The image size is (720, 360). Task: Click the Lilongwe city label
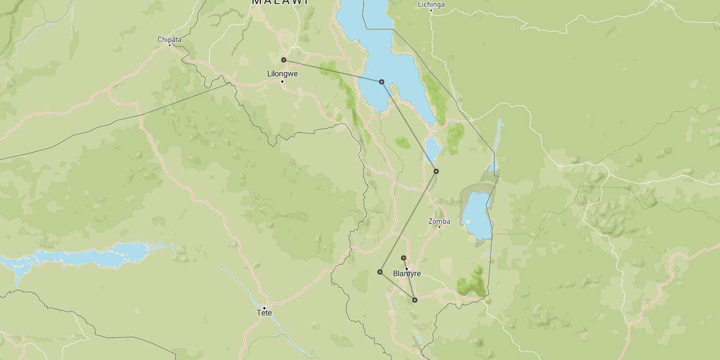click(282, 74)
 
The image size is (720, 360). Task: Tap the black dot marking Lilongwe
click(282, 82)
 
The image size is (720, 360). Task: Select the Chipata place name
click(169, 39)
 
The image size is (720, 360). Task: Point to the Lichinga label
click(431, 4)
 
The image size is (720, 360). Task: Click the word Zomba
click(439, 221)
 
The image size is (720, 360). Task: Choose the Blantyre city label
click(407, 274)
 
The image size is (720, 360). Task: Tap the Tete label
click(264, 313)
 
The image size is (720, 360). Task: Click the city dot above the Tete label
click(264, 308)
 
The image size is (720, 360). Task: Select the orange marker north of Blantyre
click(403, 258)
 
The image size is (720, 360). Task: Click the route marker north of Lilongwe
click(284, 60)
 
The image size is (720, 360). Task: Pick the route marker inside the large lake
click(381, 82)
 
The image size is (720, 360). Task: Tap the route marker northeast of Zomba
click(436, 171)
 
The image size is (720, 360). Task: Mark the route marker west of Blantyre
click(380, 272)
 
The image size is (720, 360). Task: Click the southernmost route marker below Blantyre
click(415, 300)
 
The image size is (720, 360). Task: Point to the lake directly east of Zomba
click(476, 216)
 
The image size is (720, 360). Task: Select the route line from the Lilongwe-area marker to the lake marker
click(332, 70)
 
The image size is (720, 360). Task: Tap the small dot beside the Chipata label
click(169, 45)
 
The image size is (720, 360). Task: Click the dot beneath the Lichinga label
click(431, 10)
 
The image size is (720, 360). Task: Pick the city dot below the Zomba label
click(439, 227)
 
